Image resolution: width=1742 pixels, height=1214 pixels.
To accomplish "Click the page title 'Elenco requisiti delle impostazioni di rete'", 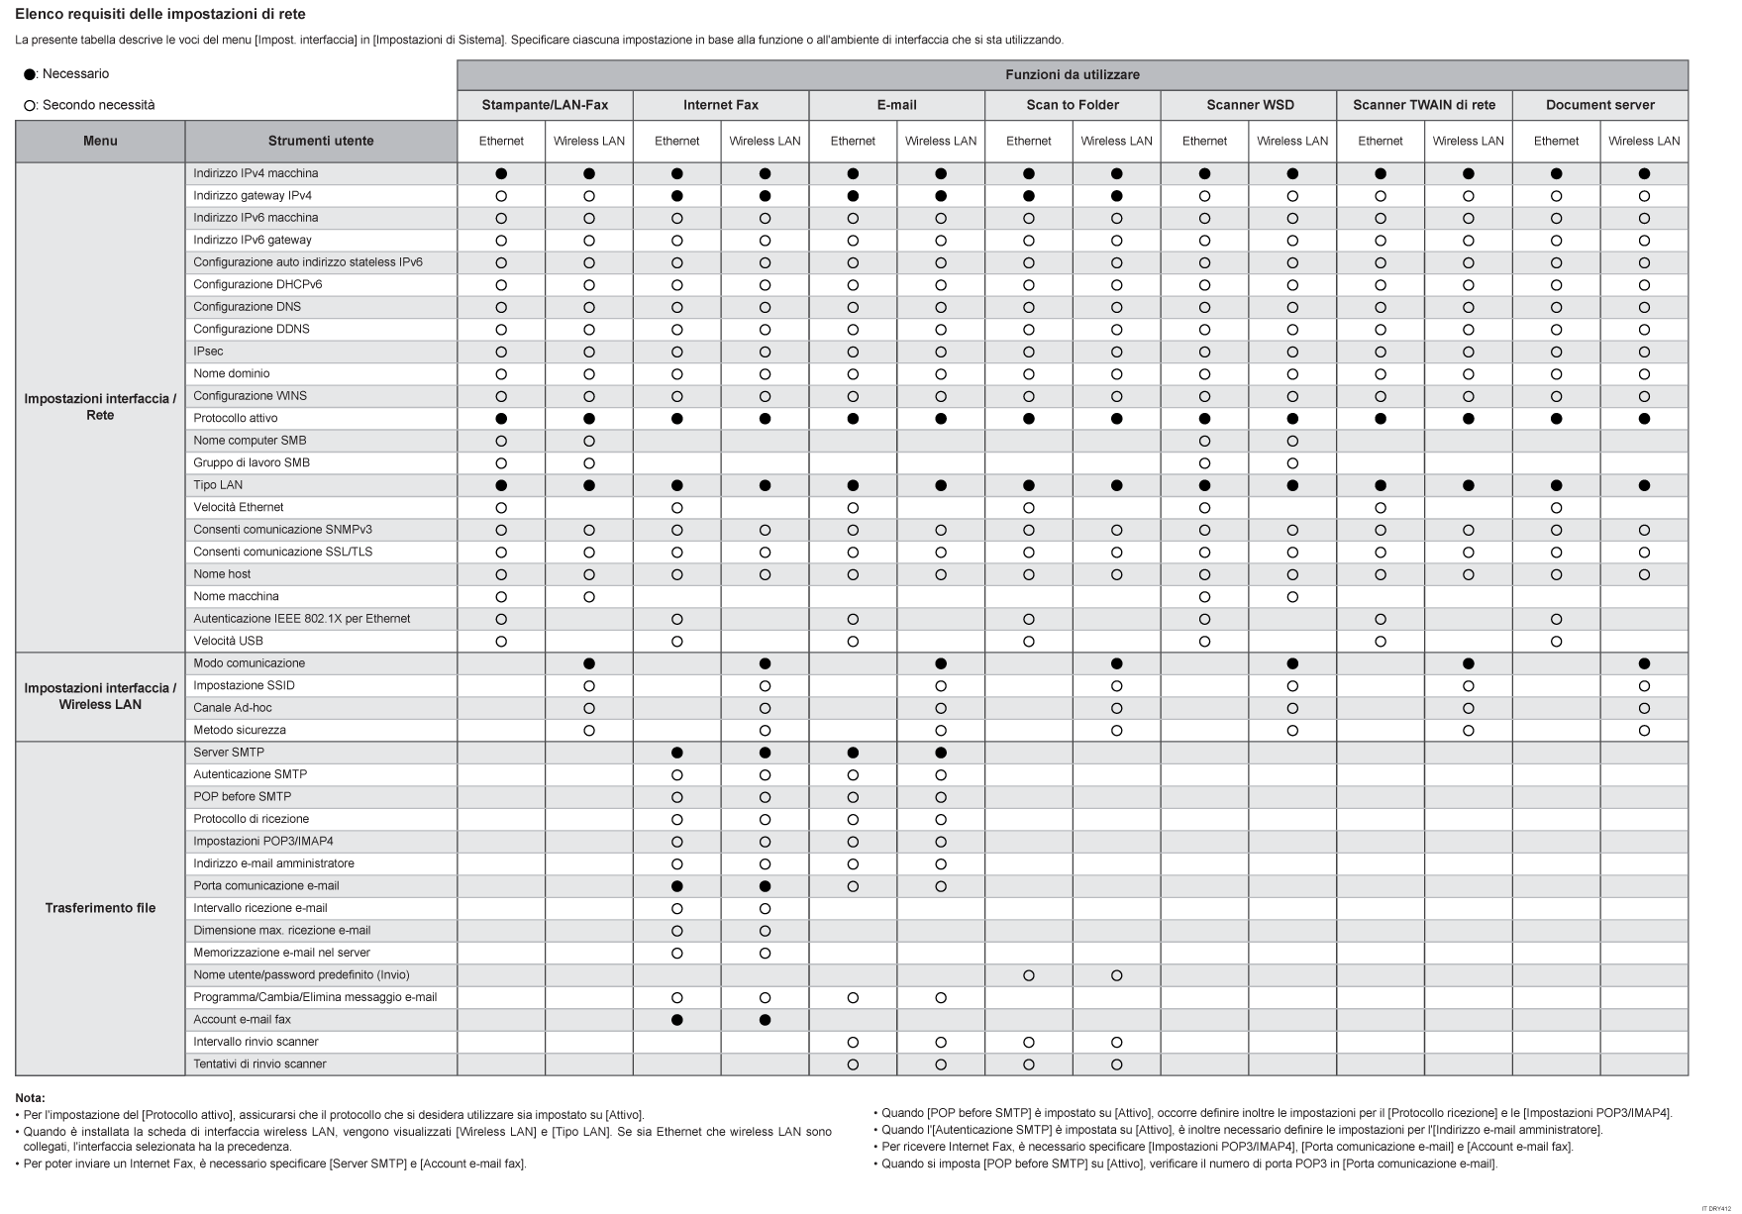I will tap(160, 14).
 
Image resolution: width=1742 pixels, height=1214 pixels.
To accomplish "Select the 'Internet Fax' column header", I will tap(720, 105).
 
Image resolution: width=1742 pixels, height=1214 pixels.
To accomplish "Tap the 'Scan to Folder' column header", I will tap(1073, 105).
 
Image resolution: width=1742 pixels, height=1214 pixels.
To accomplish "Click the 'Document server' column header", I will tap(1599, 105).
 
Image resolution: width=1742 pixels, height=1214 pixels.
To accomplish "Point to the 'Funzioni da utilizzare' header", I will tap(1073, 74).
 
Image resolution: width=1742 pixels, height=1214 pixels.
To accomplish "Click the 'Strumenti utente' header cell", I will tap(321, 141).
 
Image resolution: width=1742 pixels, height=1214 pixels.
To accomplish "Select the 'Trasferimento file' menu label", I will tap(100, 908).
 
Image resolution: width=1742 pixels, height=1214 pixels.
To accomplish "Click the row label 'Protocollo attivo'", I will tap(236, 418).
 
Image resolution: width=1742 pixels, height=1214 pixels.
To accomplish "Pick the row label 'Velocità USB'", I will tap(228, 641).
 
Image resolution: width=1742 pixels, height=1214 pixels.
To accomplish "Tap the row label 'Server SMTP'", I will tap(229, 752).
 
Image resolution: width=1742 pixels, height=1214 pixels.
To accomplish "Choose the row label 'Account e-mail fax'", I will tap(242, 1019).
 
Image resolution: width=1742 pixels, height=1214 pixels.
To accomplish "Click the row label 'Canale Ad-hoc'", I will tap(233, 707).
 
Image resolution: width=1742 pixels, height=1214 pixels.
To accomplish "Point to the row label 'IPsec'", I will tap(208, 352).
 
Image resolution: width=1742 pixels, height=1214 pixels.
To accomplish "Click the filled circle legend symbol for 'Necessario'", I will tap(30, 74).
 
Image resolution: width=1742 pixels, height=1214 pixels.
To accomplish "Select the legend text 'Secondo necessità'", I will tap(98, 105).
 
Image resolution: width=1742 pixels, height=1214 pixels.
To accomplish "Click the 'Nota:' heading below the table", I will tap(30, 1097).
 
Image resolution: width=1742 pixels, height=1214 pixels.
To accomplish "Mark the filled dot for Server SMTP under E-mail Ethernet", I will tap(853, 753).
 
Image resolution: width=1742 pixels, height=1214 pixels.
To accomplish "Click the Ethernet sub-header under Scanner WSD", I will tap(1204, 141).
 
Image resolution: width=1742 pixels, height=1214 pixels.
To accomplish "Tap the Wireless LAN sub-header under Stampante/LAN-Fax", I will tap(588, 141).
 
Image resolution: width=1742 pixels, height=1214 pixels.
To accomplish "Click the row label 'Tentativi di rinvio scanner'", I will tap(259, 1063).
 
